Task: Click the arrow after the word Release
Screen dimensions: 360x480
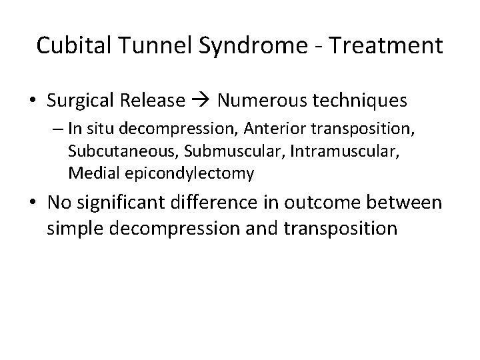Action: [201, 101]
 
